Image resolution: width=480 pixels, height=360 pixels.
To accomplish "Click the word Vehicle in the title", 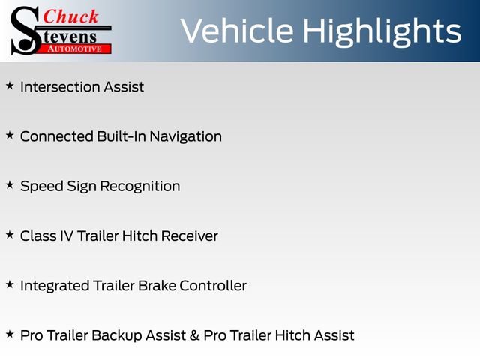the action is pos(237,31).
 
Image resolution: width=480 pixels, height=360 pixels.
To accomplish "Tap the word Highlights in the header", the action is pos(382,32).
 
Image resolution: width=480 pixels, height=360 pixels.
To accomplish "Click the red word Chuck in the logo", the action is pos(70,16).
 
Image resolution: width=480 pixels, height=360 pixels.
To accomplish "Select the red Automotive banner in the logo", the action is pos(74,49).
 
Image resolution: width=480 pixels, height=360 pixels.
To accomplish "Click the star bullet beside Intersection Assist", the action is pos(10,85).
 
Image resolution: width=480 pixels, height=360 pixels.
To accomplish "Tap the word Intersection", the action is pos(60,87).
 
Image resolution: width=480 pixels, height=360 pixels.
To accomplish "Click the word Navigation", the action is pos(185,136).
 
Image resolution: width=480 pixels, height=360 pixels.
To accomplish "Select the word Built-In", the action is pos(121,136).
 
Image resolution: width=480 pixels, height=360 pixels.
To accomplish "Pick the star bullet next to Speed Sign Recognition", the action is pos(10,185).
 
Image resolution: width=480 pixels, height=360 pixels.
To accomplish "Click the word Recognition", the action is pos(140,187).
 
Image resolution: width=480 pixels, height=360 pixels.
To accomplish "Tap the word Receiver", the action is pos(190,236).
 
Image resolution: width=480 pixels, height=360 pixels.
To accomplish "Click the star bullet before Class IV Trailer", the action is pos(10,235).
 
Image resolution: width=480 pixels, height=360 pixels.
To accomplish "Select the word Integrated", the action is pos(55,286).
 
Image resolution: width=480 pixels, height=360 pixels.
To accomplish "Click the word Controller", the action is pos(213,286).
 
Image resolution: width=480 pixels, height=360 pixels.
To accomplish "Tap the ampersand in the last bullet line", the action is pos(194,335).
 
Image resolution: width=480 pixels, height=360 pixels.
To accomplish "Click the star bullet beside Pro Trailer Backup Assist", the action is pos(10,334).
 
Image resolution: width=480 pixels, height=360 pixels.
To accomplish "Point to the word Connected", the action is pos(57,136).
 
